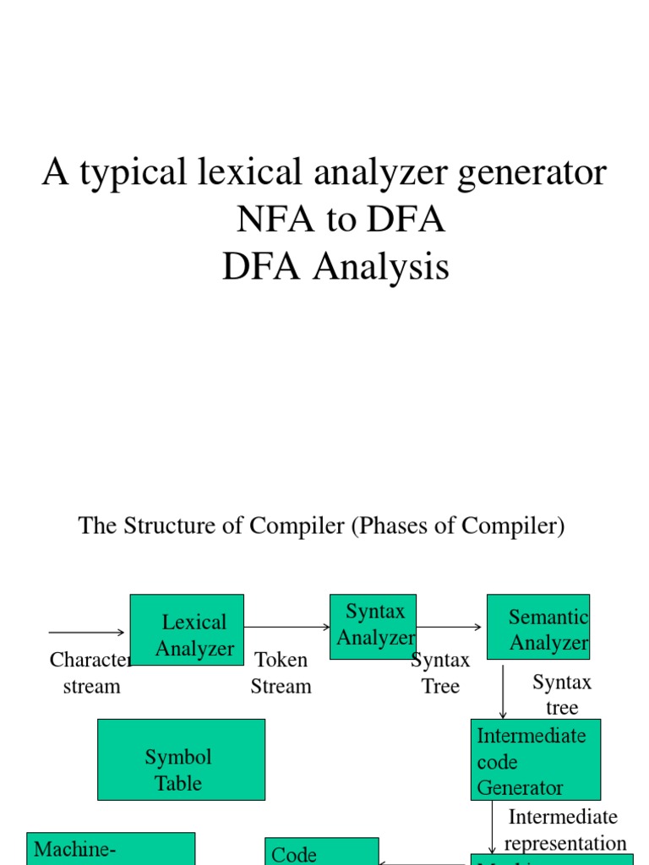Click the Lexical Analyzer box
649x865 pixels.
(x=187, y=630)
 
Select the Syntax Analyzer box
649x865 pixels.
(x=373, y=626)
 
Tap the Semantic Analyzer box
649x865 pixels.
(x=538, y=626)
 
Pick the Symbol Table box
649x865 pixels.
(x=181, y=759)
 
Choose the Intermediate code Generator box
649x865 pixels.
(x=536, y=759)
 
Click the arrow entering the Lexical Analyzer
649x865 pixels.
(x=87, y=632)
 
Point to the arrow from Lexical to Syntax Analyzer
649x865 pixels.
(x=286, y=627)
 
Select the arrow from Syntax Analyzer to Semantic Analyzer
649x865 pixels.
(x=450, y=627)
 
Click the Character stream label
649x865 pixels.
(x=91, y=672)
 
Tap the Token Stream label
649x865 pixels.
(x=281, y=672)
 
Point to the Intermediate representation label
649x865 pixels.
(x=564, y=830)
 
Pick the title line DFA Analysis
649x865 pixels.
(x=335, y=268)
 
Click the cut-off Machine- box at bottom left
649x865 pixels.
(x=111, y=849)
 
